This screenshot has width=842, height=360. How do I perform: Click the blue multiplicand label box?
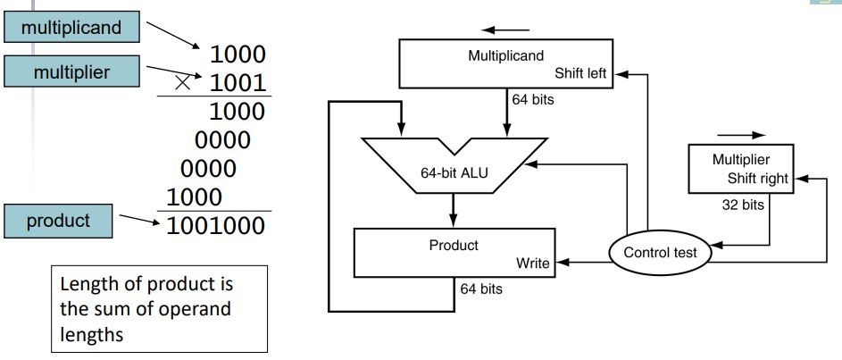71,28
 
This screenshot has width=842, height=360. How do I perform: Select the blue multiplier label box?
71,72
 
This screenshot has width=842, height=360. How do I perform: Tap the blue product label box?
59,220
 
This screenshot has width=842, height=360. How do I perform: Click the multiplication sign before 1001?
184,82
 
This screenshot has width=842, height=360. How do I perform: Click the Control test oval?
660,253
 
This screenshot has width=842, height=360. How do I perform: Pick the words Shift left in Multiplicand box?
581,73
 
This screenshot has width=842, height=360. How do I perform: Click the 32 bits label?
744,204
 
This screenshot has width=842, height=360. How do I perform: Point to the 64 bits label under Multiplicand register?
532,99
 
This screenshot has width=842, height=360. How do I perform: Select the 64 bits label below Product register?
481,289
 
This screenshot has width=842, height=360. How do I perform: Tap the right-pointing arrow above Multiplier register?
746,136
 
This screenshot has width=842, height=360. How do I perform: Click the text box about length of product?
157,308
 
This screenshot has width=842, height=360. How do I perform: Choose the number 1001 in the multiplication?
238,83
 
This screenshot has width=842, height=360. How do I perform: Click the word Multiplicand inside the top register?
505,55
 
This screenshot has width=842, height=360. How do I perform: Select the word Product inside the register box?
454,245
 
